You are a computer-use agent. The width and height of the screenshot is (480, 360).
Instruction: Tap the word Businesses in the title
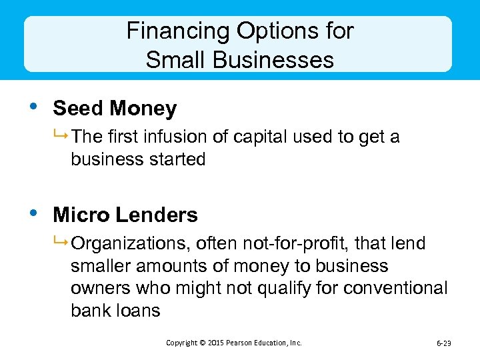click(x=273, y=60)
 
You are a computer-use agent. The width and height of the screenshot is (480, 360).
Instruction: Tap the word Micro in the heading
click(x=81, y=215)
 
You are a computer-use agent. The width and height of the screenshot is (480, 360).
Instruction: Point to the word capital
click(x=264, y=137)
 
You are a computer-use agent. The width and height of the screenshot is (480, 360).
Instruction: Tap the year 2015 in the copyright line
click(x=215, y=343)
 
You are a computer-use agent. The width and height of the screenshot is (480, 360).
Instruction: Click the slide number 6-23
click(x=443, y=343)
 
